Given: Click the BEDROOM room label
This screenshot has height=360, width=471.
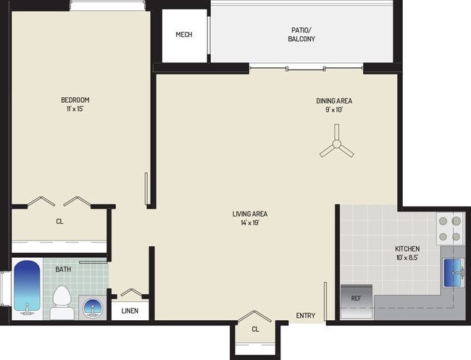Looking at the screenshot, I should (75, 100).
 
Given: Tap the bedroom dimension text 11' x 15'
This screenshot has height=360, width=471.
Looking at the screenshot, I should (75, 109).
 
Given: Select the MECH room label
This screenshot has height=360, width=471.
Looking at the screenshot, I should (184, 35).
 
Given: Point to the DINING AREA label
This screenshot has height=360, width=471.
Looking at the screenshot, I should (333, 101).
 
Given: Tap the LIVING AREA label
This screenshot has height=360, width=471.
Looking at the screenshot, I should (250, 214).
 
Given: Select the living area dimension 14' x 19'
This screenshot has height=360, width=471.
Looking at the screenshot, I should (250, 223).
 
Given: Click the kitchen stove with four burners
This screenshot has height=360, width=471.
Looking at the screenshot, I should (449, 228).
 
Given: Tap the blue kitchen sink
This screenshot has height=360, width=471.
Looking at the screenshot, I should (454, 272).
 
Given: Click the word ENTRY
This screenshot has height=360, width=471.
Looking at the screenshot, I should (305, 315).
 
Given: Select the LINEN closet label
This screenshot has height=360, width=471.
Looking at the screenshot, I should (130, 311).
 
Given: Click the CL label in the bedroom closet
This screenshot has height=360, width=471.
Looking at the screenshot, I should (59, 222).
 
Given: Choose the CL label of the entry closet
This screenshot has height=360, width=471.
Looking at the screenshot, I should (255, 330).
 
